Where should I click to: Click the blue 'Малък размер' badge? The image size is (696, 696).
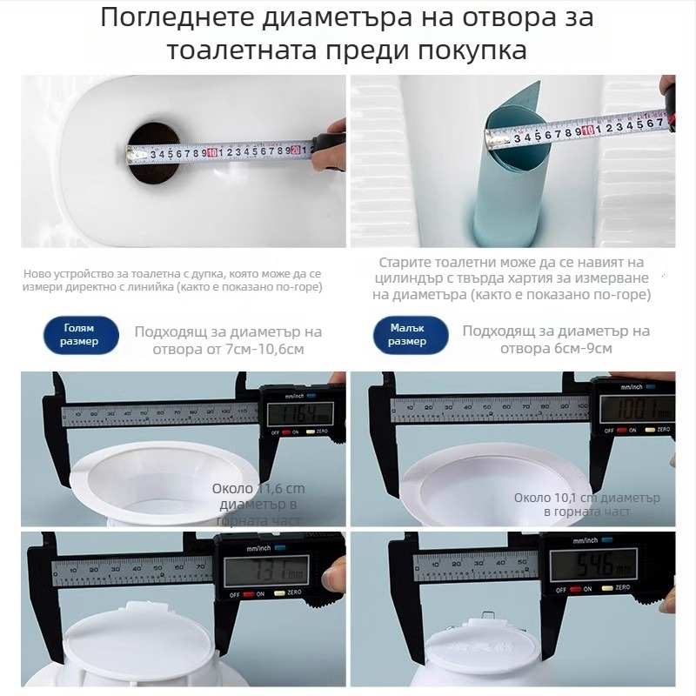(409, 335)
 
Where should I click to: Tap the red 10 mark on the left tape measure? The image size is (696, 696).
(211, 153)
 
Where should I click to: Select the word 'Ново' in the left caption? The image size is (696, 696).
(38, 273)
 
